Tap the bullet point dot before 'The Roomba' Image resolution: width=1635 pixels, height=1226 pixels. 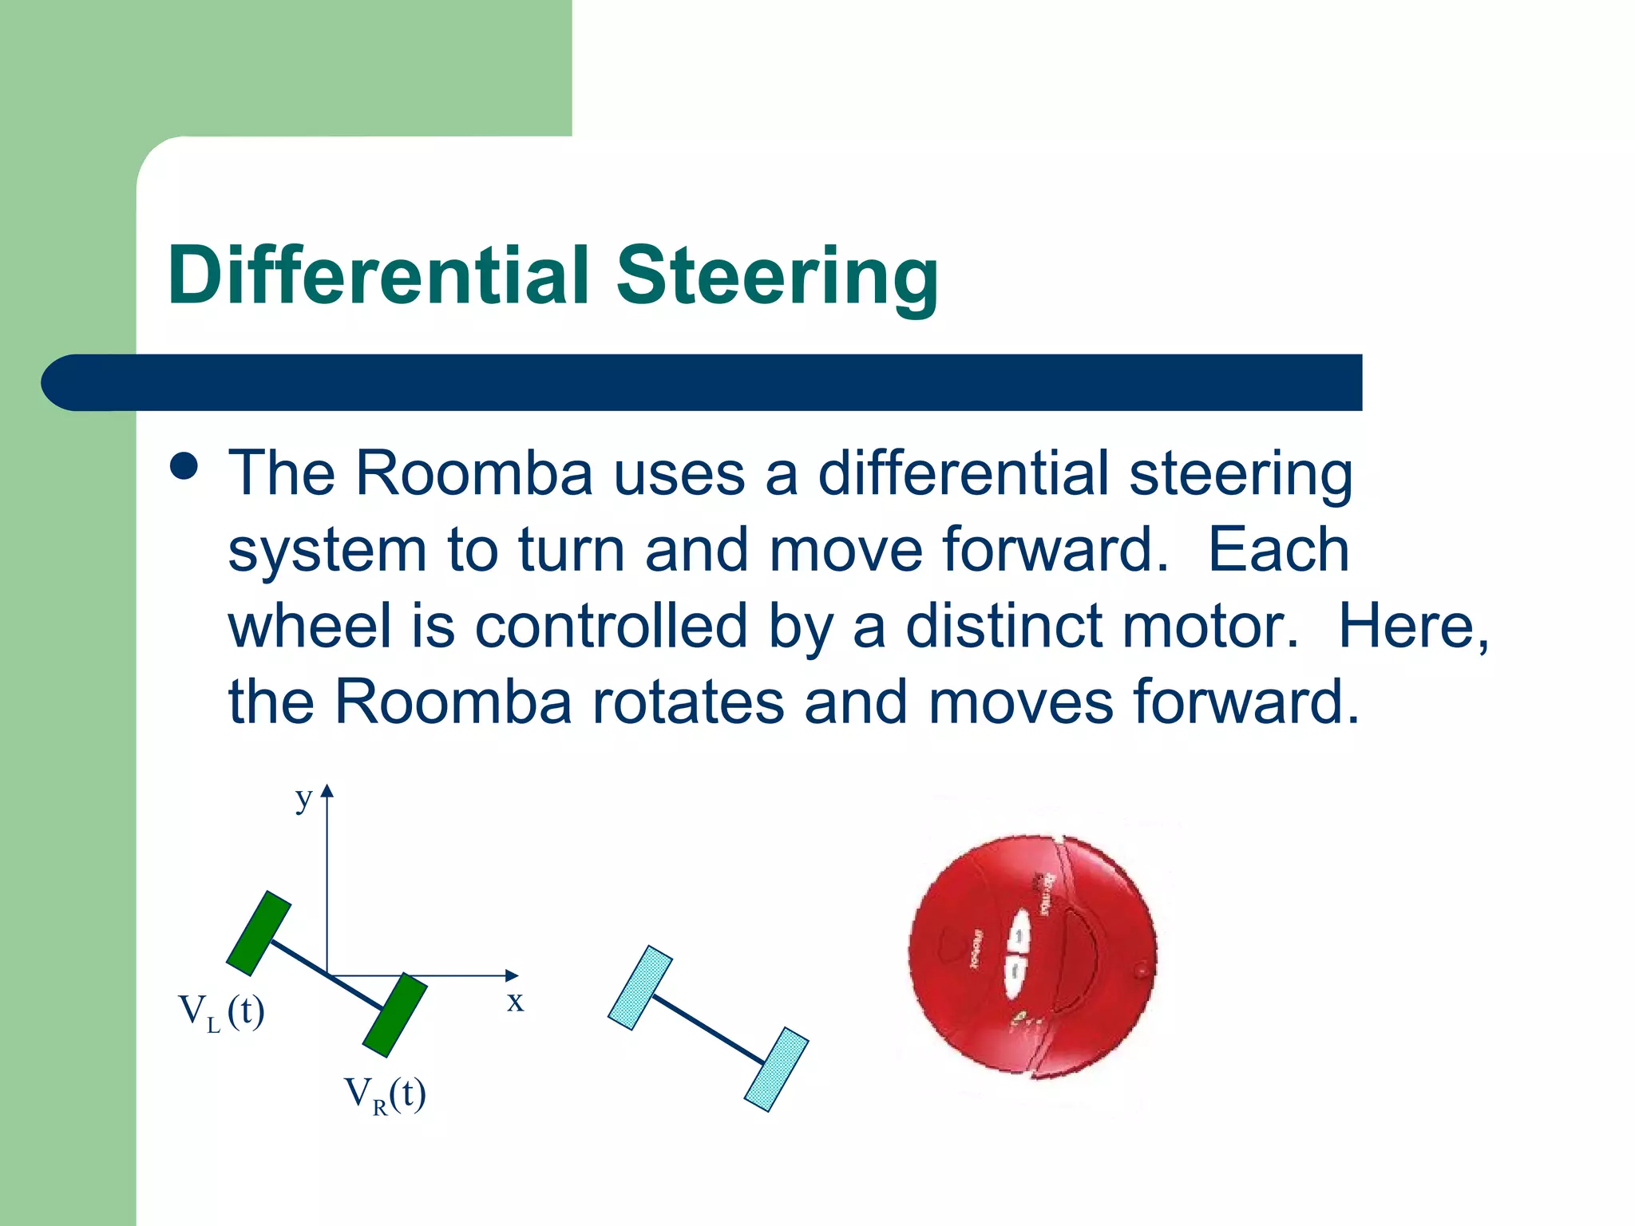[x=184, y=466]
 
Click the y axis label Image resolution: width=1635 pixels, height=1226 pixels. [x=303, y=797]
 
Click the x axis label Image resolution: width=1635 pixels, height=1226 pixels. [x=515, y=1001]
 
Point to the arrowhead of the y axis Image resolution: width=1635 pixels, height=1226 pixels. [x=327, y=790]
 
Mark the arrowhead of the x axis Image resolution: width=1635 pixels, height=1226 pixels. [x=513, y=975]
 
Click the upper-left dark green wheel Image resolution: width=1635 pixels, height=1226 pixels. [x=259, y=933]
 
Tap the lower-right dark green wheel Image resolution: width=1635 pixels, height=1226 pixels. [x=394, y=1015]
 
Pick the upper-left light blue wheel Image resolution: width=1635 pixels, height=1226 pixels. [x=640, y=988]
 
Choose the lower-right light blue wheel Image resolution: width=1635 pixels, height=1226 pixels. [x=776, y=1070]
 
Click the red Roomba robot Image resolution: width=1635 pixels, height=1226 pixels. [x=1032, y=956]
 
